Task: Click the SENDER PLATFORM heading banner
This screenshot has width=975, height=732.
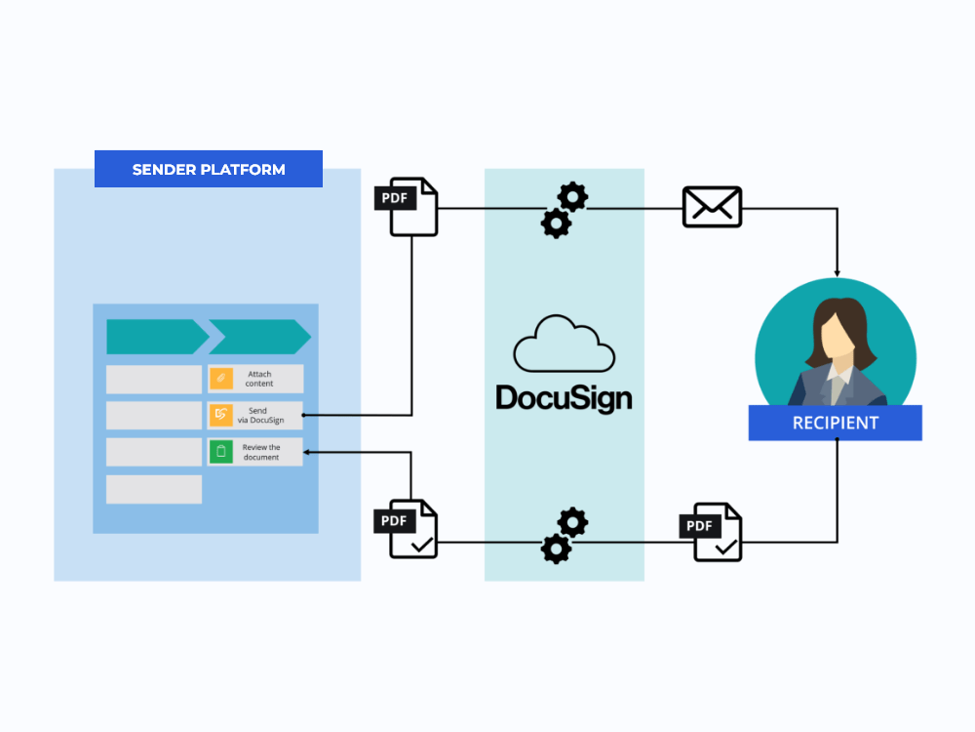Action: click(x=209, y=169)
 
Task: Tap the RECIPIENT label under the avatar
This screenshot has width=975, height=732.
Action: click(x=835, y=423)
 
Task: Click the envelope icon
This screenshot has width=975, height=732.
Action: click(x=712, y=207)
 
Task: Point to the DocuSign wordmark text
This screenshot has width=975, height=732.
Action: click(x=564, y=397)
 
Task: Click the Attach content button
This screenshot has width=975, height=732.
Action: click(x=255, y=379)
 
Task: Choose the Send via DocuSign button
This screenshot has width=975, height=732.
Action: click(x=255, y=416)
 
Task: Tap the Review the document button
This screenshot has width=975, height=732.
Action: click(x=255, y=452)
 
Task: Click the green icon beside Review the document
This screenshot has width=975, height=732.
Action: click(x=221, y=452)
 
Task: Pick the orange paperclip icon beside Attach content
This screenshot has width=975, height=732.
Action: click(x=221, y=379)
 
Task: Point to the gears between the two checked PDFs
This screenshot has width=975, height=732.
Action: click(x=564, y=536)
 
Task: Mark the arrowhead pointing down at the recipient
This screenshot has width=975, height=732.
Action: click(x=837, y=270)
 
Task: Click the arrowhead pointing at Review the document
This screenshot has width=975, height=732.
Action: click(x=309, y=452)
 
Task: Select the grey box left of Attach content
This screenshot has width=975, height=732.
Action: click(x=154, y=379)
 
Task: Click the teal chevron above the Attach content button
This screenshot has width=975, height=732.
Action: click(x=258, y=337)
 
